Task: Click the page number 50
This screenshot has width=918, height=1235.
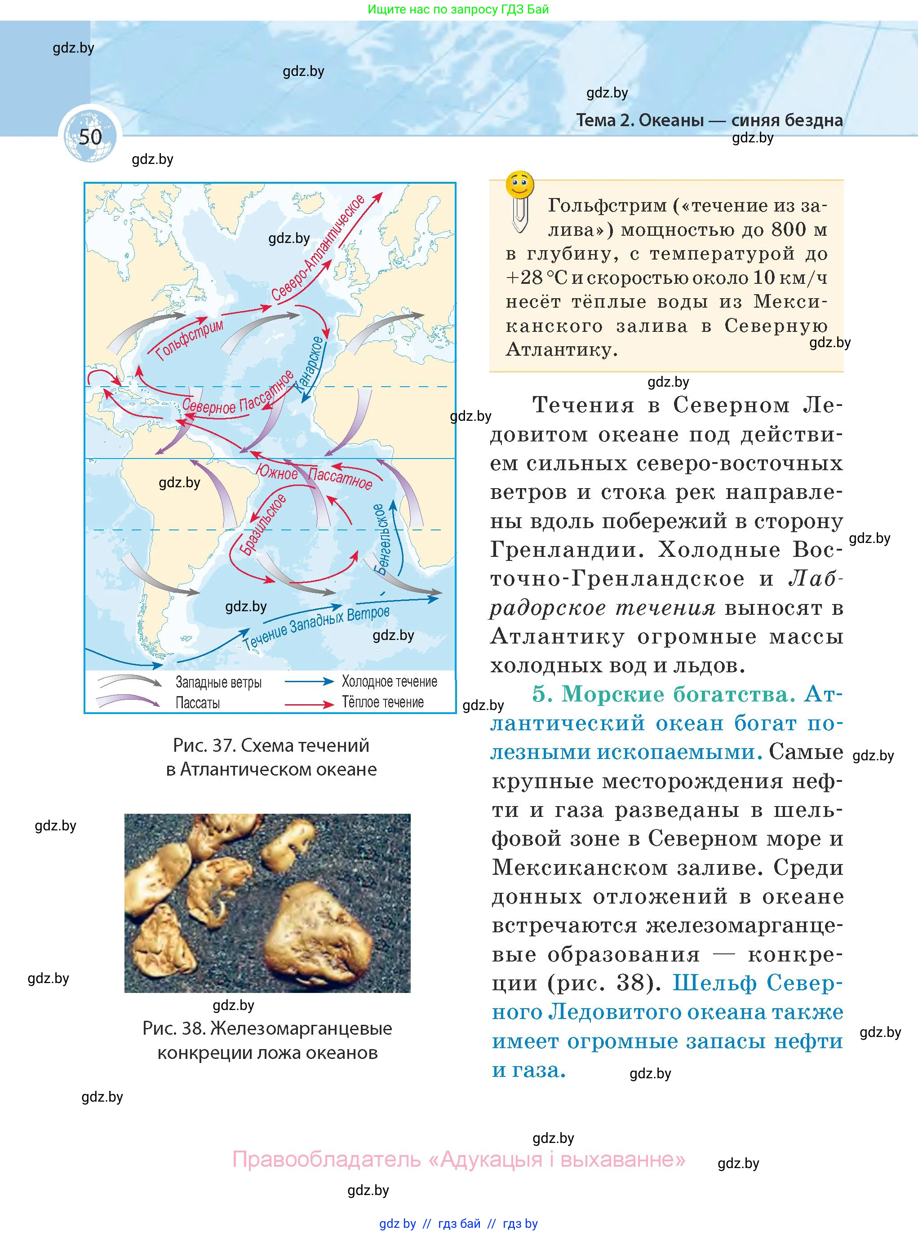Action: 90,137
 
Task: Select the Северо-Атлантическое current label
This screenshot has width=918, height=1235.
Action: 318,249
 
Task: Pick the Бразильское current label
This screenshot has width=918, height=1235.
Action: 263,524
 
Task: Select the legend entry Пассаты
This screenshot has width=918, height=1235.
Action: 197,703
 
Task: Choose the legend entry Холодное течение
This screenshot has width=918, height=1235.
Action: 389,681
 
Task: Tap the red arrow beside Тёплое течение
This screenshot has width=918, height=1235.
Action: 309,704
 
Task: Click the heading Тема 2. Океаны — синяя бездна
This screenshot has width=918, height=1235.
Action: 709,120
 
